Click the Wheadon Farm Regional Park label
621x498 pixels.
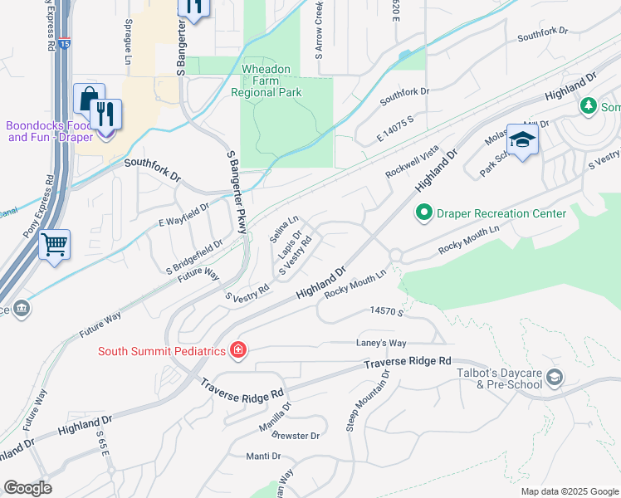click(x=271, y=81)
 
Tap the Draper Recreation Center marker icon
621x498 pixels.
click(x=424, y=213)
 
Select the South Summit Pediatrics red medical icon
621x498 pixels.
click(x=238, y=350)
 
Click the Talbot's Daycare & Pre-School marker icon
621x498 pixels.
click(x=554, y=379)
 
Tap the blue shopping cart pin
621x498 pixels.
click(x=55, y=245)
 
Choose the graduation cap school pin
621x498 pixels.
click(x=522, y=140)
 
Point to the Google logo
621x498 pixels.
click(x=27, y=488)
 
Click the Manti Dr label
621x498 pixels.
click(x=263, y=456)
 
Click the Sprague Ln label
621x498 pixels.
click(x=129, y=42)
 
